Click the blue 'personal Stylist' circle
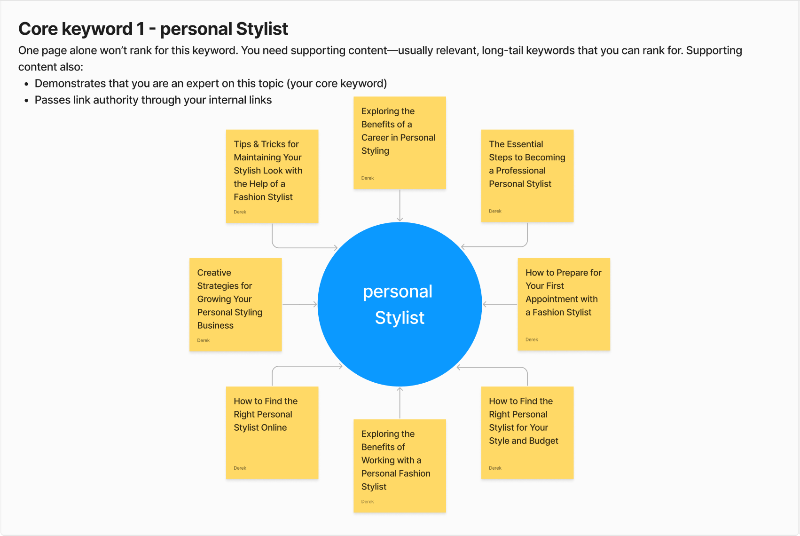tap(400, 304)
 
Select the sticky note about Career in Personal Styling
tap(400, 142)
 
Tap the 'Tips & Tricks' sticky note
tap(272, 176)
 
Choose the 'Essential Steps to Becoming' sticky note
tap(527, 176)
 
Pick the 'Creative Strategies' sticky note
tap(235, 305)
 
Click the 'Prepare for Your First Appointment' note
tap(564, 304)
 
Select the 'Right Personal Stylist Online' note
tap(272, 433)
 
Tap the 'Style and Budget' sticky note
tap(527, 433)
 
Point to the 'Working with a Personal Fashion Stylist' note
tap(400, 466)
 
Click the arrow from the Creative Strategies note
tap(300, 305)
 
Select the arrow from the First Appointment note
tap(500, 305)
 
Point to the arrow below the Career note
tap(400, 205)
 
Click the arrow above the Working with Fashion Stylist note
tap(400, 403)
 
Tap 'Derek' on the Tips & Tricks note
tap(240, 212)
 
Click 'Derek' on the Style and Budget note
tap(495, 468)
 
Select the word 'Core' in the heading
tap(38, 29)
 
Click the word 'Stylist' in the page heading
tap(262, 29)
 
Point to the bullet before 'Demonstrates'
tap(26, 84)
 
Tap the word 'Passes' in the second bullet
tap(53, 100)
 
